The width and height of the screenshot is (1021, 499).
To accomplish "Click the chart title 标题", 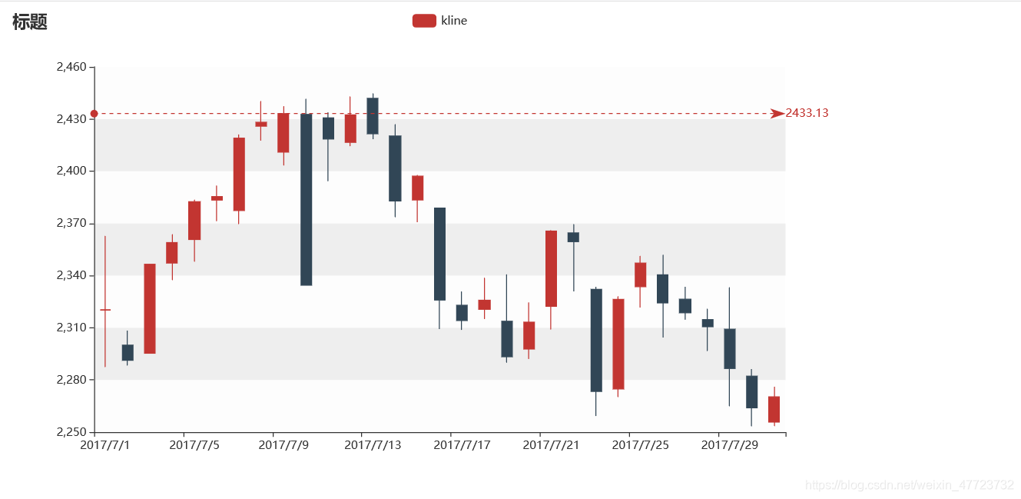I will [30, 22].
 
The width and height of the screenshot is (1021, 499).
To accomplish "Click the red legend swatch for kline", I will [424, 21].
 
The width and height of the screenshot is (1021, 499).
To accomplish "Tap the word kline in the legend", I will [454, 21].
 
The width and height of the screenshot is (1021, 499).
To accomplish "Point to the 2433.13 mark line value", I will [807, 113].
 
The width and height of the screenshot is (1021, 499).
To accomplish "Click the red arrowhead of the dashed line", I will [777, 114].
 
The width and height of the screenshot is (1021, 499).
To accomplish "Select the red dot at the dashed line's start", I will [94, 114].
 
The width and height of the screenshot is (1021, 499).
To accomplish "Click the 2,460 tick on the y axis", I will [72, 68].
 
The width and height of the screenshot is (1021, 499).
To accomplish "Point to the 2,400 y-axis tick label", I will [72, 171].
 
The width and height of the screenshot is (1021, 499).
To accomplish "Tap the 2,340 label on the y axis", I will [72, 275].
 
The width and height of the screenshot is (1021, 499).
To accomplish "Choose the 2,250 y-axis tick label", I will [72, 432].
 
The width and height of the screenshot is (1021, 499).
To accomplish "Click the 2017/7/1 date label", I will [106, 445].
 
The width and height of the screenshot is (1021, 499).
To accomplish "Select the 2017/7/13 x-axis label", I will [373, 445].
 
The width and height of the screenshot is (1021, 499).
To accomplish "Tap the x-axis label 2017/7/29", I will [729, 445].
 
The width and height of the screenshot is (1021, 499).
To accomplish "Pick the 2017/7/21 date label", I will [551, 445].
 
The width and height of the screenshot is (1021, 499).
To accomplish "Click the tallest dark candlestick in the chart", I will [306, 200].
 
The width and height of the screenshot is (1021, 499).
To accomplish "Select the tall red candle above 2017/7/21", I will [551, 268].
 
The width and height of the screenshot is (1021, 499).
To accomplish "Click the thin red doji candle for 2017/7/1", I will [105, 309].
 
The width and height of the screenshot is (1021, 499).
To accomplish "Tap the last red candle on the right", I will [774, 409].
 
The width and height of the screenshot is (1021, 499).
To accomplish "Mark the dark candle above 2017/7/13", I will [373, 116].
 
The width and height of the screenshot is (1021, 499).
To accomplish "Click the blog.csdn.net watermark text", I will [908, 485].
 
